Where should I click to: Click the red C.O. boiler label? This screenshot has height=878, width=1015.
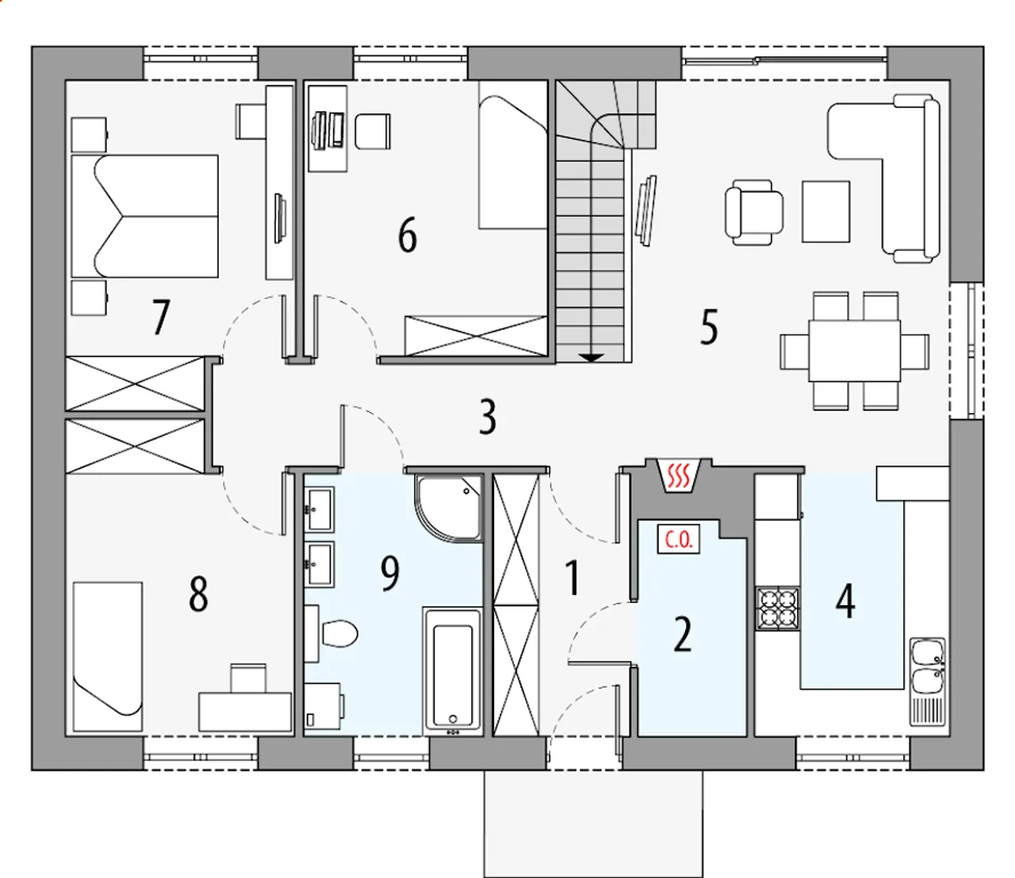pos(679,539)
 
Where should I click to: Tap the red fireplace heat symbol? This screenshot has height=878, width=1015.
pos(678,475)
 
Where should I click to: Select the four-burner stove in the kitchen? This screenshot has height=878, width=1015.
pos(778,608)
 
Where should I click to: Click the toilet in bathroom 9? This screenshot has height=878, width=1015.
pos(339,634)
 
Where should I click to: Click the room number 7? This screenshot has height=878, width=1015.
pos(161,317)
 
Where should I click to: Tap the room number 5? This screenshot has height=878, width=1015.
pos(709,327)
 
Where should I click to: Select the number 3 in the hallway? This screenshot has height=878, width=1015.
pos(487,416)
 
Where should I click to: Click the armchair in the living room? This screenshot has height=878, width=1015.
pos(754,212)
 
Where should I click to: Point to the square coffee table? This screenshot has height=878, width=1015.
pos(826,212)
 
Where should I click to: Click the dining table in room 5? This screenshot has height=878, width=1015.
pos(855,351)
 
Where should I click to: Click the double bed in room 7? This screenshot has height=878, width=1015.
pos(145,216)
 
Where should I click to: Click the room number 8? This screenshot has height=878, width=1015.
pos(198,594)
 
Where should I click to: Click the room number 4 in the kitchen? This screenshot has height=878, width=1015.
pos(845,600)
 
